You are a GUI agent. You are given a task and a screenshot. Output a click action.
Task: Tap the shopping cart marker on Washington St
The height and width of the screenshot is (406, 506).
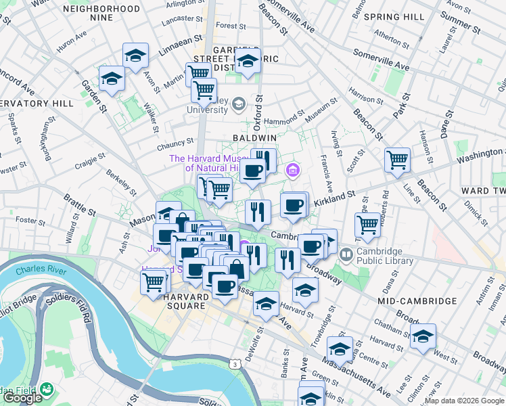click(x=397, y=161)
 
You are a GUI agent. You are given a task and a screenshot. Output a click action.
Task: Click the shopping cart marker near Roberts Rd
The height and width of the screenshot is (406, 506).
click(x=367, y=225)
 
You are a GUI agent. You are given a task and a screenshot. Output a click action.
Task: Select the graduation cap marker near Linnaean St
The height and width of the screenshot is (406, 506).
click(x=135, y=57)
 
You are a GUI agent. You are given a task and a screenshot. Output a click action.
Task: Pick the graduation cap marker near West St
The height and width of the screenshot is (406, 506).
click(x=423, y=336)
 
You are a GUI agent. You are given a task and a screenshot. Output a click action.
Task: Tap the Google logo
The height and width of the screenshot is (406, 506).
click(x=22, y=399)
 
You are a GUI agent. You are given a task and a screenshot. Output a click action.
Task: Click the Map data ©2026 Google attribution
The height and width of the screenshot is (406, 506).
click(x=464, y=401)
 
